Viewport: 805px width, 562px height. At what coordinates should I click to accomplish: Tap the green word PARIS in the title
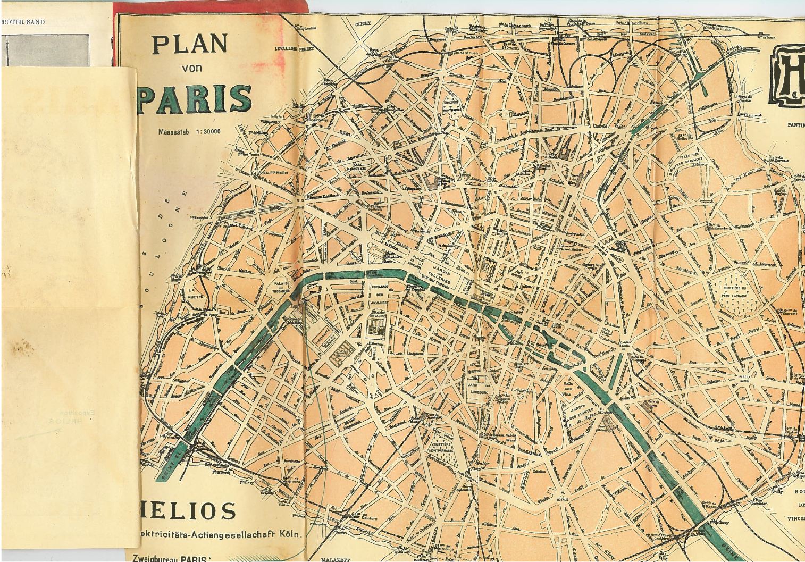pos(195,99)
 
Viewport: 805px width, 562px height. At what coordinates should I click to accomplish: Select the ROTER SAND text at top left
pos(23,22)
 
